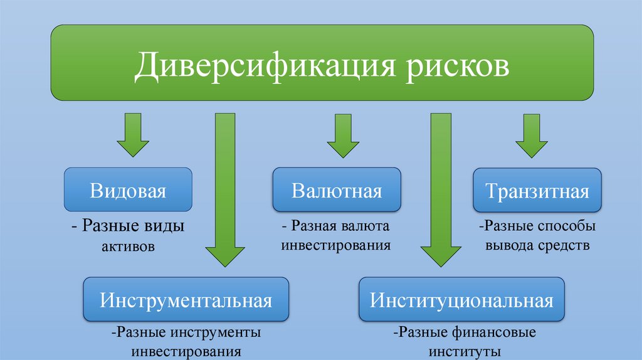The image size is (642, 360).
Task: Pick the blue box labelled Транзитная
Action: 537,190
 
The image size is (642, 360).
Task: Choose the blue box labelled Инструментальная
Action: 186,299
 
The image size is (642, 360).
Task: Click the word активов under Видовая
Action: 128,246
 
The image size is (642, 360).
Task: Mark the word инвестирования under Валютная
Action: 336,245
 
